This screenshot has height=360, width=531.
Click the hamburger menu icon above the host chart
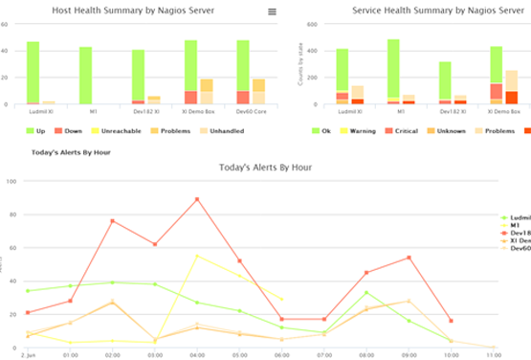pyautogui.click(x=272, y=11)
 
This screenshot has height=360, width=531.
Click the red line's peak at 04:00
pyautogui.click(x=197, y=199)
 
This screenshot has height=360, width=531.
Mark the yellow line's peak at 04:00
pyautogui.click(x=197, y=256)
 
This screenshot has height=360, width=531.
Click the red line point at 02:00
pyautogui.click(x=113, y=220)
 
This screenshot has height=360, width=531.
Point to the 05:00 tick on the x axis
pyautogui.click(x=239, y=354)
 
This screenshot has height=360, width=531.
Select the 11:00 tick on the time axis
pyautogui.click(x=493, y=354)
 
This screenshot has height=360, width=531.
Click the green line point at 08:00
pyautogui.click(x=365, y=292)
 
